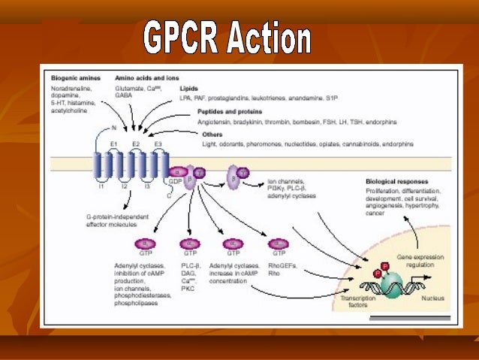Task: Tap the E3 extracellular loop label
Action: (x=157, y=143)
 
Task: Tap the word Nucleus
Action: (x=431, y=298)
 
